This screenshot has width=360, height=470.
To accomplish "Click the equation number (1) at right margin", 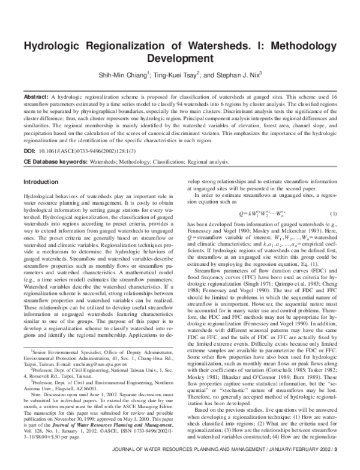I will pos(333,214).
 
